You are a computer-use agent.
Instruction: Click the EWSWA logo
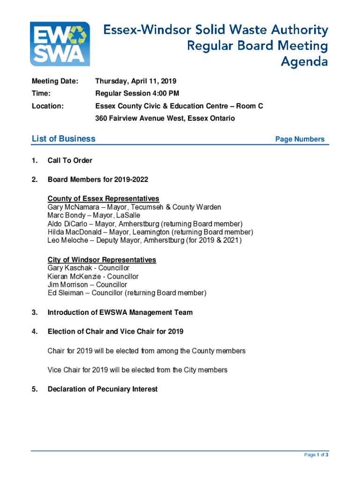tap(59, 44)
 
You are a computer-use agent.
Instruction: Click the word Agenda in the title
tap(304, 62)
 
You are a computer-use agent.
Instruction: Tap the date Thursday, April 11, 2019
tap(136, 81)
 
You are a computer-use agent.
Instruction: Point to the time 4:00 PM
tap(164, 94)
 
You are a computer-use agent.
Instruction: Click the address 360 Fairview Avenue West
tap(141, 118)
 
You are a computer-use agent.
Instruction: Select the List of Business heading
tap(63, 138)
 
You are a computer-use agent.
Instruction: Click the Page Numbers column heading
tap(300, 139)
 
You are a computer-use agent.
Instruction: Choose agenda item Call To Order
tap(70, 160)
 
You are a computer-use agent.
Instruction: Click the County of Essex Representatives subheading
tap(103, 199)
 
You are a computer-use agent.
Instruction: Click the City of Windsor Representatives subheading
tap(101, 260)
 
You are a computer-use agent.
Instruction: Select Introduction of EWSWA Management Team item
tap(120, 312)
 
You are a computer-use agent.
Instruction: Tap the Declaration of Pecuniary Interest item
tap(102, 389)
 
